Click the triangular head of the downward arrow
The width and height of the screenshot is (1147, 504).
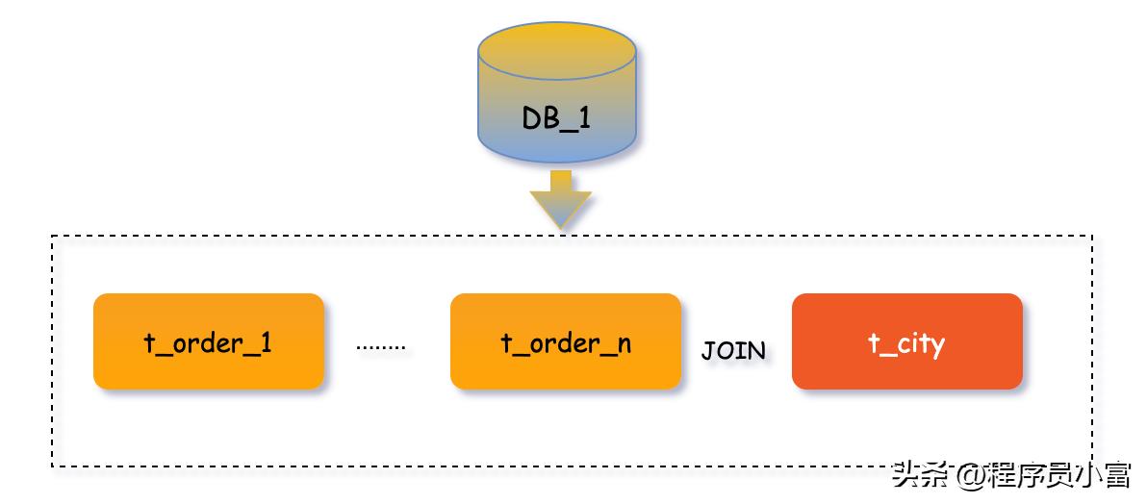click(560, 210)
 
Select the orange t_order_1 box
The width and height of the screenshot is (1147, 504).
click(208, 341)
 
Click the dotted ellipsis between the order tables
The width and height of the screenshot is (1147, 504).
click(381, 346)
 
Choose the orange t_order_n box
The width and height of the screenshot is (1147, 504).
click(565, 341)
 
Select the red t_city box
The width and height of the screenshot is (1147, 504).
click(906, 341)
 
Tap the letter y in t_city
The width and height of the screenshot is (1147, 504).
click(935, 345)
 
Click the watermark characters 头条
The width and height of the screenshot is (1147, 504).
click(921, 475)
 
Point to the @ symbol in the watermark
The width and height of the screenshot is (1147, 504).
click(972, 476)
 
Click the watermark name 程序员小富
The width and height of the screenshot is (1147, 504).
click(1059, 475)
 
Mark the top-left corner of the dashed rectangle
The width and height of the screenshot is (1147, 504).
click(52, 236)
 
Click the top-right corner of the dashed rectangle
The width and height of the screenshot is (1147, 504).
click(1092, 236)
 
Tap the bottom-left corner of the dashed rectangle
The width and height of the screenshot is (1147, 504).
click(52, 466)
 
